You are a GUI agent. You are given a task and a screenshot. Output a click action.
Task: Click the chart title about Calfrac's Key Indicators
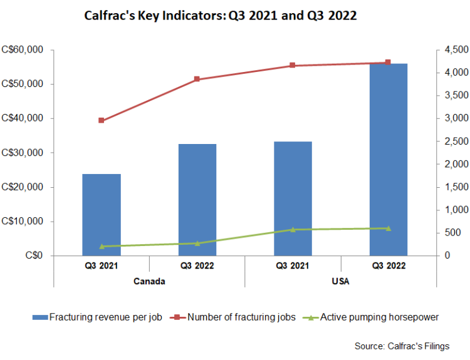[220, 16]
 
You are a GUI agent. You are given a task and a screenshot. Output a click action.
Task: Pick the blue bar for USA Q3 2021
[293, 198]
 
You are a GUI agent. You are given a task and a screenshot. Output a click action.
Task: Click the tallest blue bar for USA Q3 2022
[389, 160]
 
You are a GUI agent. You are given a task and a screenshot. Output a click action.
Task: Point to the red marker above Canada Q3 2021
[102, 120]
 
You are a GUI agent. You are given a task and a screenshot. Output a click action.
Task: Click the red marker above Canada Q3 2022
[197, 79]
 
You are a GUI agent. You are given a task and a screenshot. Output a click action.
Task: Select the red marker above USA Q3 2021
[293, 65]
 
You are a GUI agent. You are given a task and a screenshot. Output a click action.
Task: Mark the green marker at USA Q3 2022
[388, 228]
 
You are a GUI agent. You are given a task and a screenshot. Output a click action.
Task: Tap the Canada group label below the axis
[149, 281]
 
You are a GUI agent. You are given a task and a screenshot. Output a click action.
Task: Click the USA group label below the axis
[340, 281]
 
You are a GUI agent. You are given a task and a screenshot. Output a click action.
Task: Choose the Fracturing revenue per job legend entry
[98, 317]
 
